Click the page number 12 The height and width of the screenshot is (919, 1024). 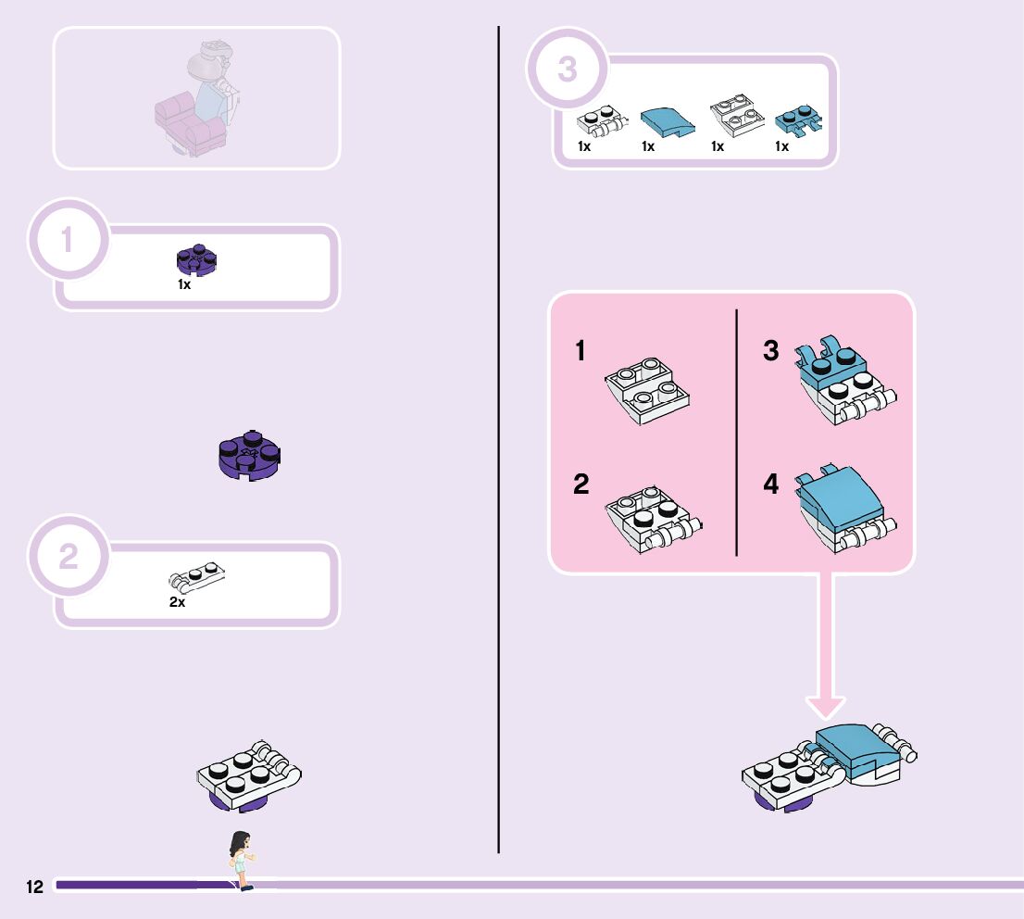coord(34,887)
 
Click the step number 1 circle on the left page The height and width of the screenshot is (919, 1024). coord(68,240)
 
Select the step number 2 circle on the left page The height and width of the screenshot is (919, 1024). coord(68,558)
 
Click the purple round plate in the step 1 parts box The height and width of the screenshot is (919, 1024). coord(196,260)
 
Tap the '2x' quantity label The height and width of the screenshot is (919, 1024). coord(177,602)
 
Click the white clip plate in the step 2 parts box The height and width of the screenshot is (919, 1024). coord(196,575)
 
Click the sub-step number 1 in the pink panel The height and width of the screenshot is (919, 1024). coord(581,352)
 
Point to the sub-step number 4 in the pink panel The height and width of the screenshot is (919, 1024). coord(771,484)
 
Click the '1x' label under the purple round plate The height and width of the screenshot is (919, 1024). coord(184,284)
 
